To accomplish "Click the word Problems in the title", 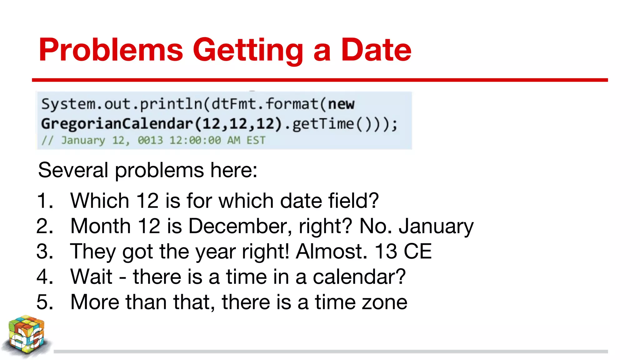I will (111, 50).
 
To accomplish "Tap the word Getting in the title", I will (248, 50).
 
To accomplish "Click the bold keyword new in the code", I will (341, 104).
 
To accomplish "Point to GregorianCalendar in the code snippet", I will (117, 124).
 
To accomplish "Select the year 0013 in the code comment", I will (150, 140).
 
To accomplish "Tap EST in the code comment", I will (256, 140).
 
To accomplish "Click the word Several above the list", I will (73, 170).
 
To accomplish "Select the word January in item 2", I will (436, 226).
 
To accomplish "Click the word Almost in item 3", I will (331, 252).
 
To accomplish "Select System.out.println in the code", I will (122, 104).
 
